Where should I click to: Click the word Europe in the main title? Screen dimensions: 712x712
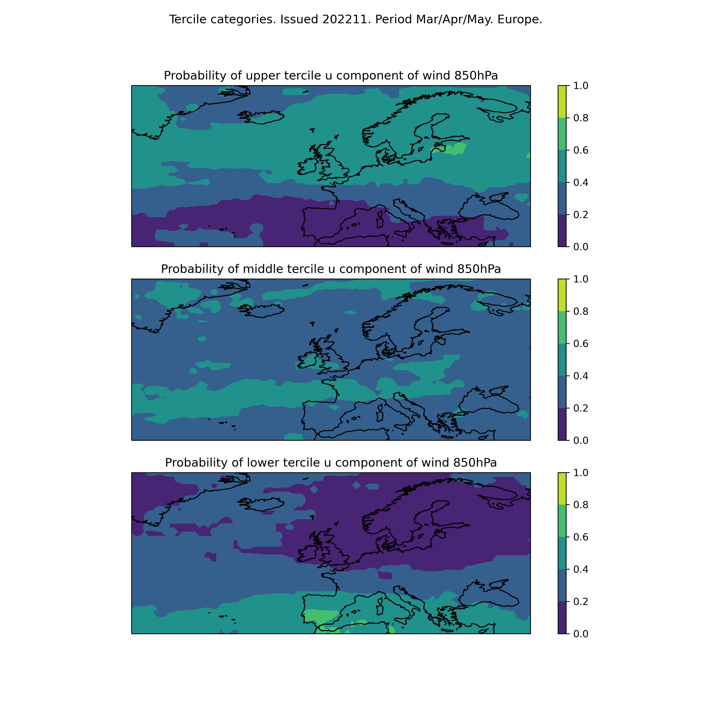[520, 19]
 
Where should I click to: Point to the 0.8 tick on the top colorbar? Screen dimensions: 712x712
[581, 118]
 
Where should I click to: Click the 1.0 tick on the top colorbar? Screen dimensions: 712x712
[581, 85]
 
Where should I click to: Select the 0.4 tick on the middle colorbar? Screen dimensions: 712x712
[581, 376]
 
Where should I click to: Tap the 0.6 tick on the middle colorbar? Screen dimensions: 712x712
[581, 343]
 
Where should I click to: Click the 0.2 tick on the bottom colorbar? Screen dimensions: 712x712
[581, 601]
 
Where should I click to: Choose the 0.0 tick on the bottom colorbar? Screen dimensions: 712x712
[581, 634]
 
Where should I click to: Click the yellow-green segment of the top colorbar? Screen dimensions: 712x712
[562, 102]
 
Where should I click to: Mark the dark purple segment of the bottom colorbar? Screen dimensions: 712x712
[562, 618]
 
